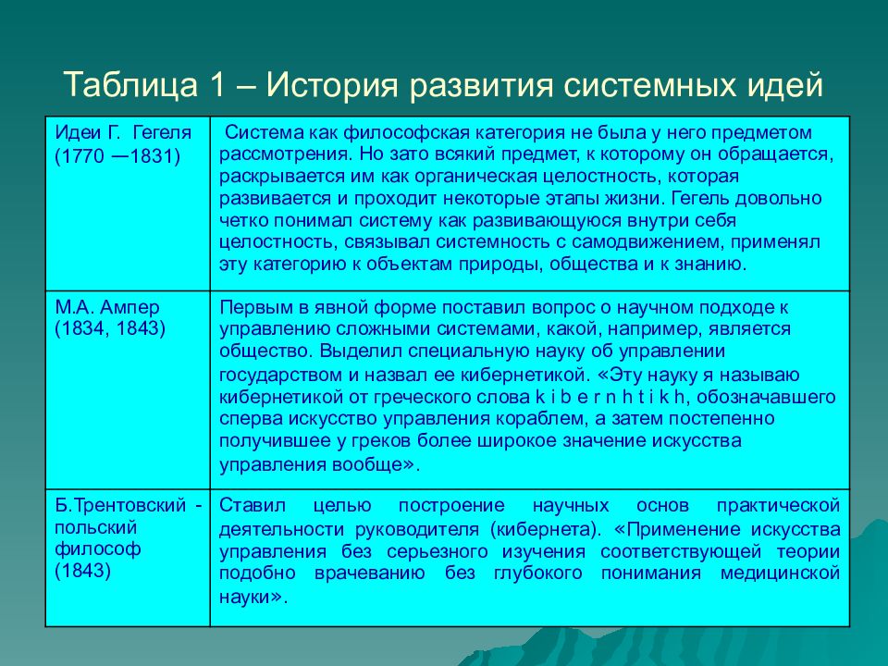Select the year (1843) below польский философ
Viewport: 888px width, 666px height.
pos(83,571)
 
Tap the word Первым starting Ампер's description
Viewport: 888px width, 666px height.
pos(251,307)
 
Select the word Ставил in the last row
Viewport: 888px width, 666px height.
pos(247,507)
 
